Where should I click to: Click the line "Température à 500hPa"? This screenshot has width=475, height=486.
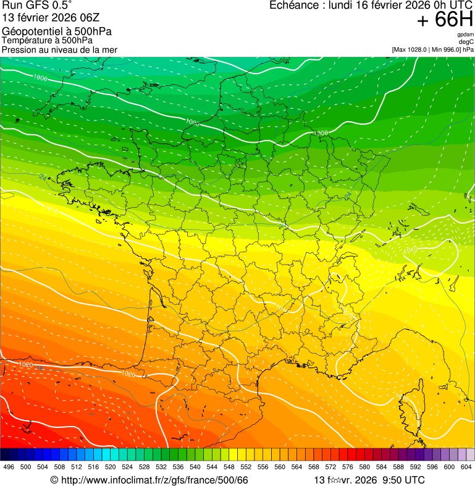(47, 40)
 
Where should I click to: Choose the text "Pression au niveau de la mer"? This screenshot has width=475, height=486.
(59, 49)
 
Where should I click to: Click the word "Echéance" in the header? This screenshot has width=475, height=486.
(291, 6)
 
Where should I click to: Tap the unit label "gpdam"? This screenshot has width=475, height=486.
(465, 35)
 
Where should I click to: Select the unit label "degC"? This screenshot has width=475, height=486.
(466, 42)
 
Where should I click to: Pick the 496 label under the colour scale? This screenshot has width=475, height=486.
(9, 467)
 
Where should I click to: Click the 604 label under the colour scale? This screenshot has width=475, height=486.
(466, 467)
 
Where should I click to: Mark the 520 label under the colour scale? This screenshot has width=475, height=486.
(111, 467)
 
